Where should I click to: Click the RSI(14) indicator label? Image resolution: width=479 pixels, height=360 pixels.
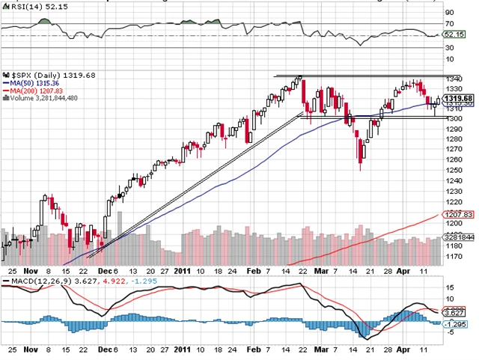22,4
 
